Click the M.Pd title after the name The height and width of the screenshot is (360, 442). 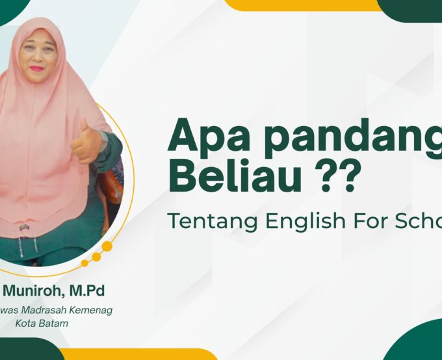90,290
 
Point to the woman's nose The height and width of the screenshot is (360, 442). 37,58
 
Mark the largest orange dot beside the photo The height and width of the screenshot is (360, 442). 107,247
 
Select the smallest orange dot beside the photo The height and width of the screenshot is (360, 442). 84,263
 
